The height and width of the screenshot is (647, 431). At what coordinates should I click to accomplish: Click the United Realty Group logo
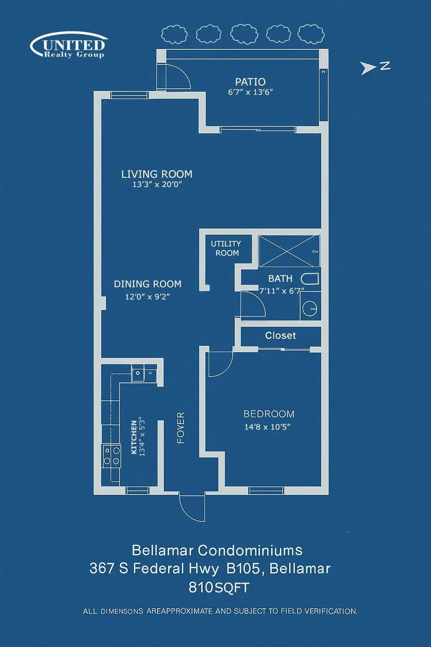pos(70,46)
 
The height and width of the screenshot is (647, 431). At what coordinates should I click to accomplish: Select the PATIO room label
pos(250,82)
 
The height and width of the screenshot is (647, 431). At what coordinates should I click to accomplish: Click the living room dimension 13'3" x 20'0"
pos(157,185)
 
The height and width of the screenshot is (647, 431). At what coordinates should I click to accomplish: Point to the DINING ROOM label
pos(147,284)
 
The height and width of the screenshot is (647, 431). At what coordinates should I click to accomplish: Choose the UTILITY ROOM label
pos(226,248)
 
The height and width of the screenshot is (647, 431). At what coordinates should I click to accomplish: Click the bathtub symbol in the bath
pos(310,279)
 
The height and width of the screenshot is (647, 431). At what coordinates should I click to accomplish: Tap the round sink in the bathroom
pos(310,308)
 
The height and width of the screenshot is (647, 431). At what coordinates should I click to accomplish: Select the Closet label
pos(280,335)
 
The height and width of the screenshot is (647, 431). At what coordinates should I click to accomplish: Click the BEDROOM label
pos(269,414)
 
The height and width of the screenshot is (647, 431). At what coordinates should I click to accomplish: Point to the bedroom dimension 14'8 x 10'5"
pos(268,427)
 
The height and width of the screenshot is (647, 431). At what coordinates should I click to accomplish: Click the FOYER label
pos(181,427)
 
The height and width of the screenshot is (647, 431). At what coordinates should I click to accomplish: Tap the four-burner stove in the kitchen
pos(112,456)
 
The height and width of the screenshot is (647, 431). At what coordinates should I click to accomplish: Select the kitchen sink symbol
pos(138,373)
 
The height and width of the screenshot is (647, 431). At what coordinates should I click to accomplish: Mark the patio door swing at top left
pos(177,77)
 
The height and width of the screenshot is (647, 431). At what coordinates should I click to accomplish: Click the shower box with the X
pos(289,251)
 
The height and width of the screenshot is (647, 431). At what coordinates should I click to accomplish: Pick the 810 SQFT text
pos(219,588)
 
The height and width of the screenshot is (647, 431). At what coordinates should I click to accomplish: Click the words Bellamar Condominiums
pos(217,550)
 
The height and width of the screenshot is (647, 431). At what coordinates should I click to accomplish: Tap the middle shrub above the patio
pos(244,35)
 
